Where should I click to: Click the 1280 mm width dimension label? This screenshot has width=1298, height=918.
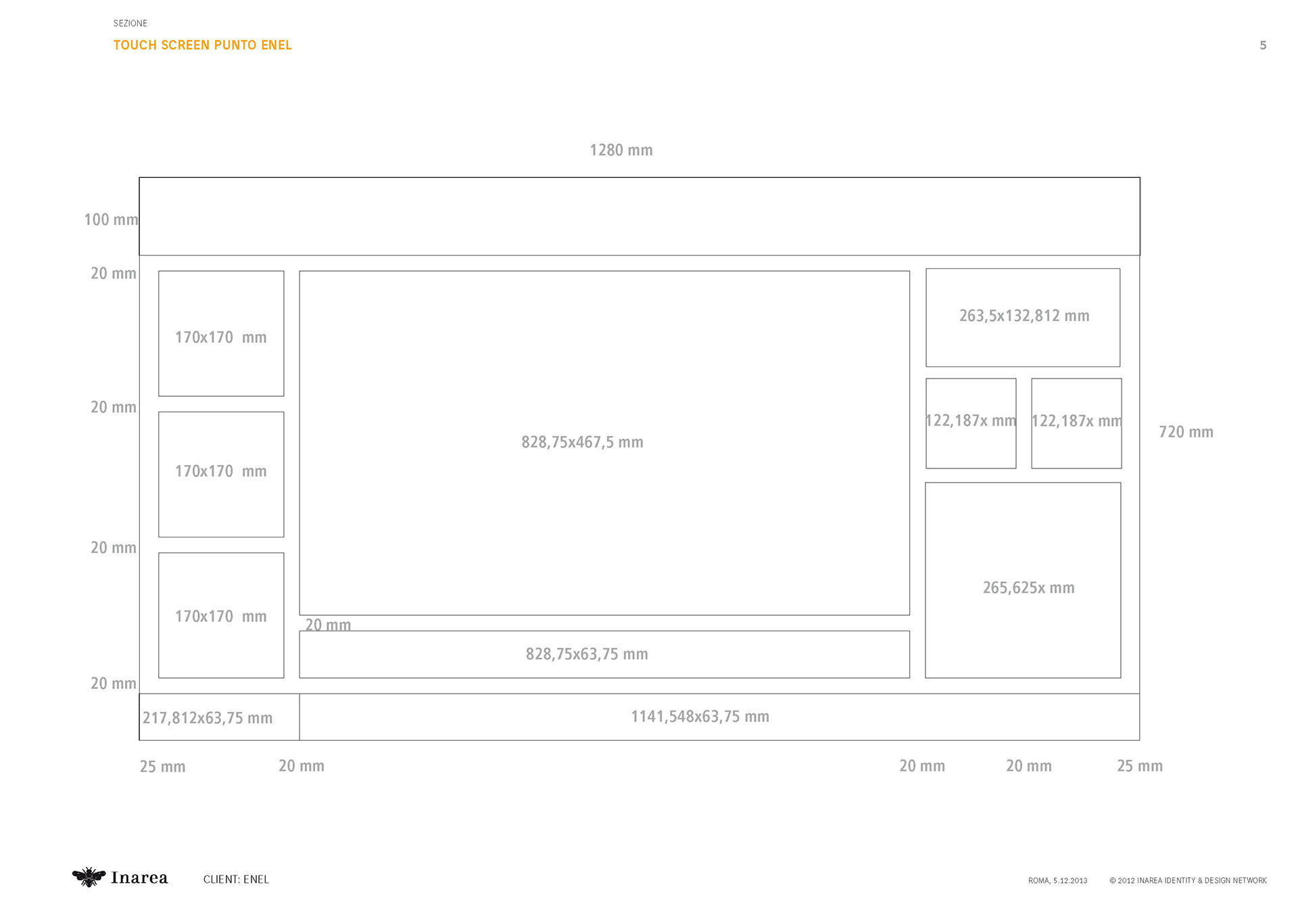pos(621,150)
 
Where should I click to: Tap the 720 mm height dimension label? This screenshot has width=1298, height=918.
pos(1186,432)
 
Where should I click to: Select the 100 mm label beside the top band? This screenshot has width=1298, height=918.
pos(111,220)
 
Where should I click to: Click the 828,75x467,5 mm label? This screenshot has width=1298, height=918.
pos(582,442)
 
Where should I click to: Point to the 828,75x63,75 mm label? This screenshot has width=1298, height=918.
pos(587,654)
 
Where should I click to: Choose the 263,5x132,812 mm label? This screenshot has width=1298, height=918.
pos(1024,316)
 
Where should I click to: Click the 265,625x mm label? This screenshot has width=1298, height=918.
pos(1028,588)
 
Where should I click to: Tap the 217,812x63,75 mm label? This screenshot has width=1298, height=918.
pos(208,718)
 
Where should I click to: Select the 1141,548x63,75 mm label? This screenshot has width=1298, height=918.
pos(700,717)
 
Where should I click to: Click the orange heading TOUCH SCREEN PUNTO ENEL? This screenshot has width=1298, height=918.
pos(202,45)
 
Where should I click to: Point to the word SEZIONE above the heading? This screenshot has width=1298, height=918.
pos(130,24)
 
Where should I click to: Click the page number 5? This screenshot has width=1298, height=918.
pos(1262,45)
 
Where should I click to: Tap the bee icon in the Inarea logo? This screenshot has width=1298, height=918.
pos(89,877)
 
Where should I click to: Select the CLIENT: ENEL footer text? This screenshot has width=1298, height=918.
pos(236,879)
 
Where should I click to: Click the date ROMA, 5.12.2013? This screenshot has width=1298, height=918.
pos(1057,881)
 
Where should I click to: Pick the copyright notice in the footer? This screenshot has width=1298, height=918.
pos(1188,881)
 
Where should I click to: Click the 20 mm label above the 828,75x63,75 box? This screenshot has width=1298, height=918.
pos(328,625)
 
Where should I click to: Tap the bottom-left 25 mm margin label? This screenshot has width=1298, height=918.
pos(162,767)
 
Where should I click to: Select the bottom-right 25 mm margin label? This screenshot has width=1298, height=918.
pos(1139,766)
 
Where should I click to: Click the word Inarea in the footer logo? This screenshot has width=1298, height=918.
pos(139,878)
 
